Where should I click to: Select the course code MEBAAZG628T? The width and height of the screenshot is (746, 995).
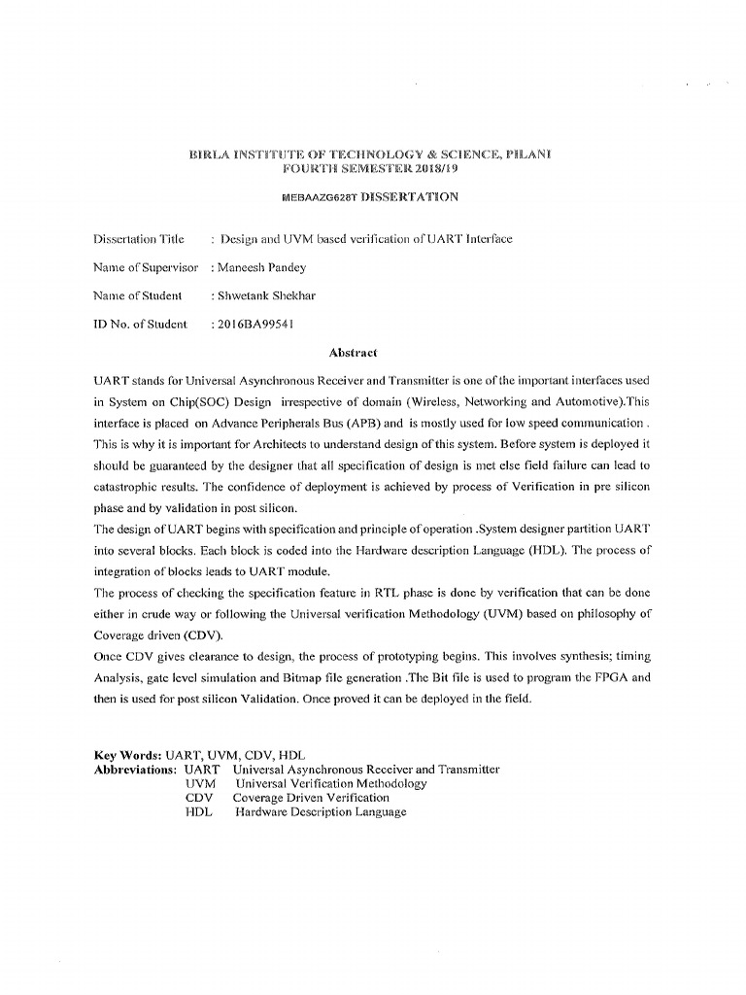(x=318, y=197)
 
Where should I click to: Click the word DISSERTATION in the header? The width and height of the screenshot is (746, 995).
(x=408, y=197)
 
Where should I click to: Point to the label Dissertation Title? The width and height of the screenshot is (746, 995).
(x=138, y=238)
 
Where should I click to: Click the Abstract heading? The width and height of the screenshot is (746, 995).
(x=353, y=352)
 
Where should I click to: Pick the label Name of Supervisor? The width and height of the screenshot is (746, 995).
(x=146, y=266)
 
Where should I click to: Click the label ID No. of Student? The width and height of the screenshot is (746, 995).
(x=140, y=324)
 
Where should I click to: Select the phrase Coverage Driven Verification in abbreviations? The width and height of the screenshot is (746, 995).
(x=311, y=798)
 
